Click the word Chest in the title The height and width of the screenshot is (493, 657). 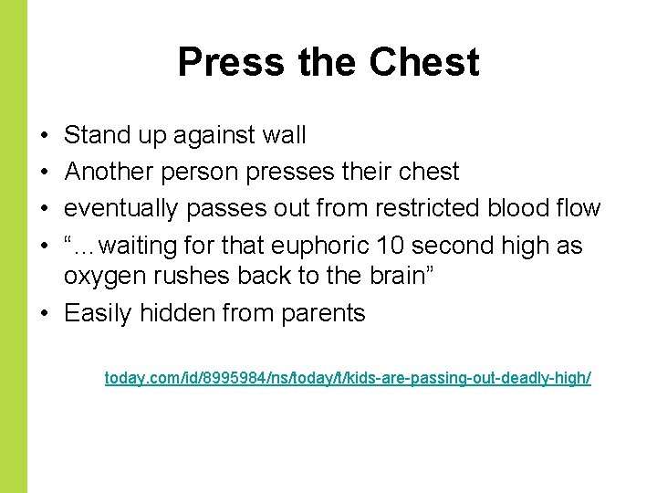424,62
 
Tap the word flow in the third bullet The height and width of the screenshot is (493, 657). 577,208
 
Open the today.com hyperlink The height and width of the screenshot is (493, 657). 348,377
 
